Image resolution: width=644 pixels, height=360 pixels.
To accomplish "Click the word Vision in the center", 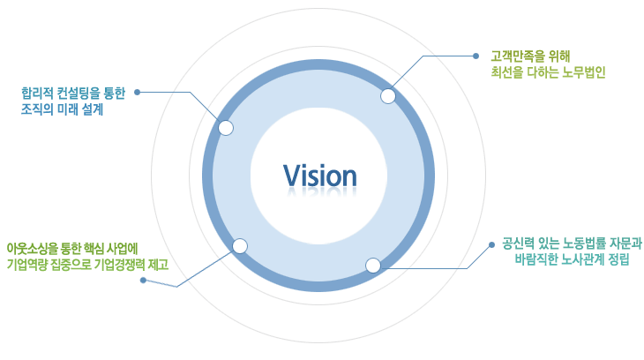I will pos(320,175).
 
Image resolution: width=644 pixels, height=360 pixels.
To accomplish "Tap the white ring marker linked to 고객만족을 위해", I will pos(388,96).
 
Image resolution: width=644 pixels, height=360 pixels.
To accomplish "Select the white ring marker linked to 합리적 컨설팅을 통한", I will pos(226,128).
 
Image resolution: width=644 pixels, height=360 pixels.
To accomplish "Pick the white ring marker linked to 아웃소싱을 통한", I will pos(238,246).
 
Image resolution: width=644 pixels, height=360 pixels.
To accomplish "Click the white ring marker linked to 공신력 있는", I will pos(373,265).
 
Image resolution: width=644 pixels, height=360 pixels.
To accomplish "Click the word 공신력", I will pos(518,243).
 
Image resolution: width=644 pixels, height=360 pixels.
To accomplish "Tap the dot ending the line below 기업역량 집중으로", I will pos(143,281).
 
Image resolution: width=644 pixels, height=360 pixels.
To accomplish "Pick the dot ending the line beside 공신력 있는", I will pos(490,244).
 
